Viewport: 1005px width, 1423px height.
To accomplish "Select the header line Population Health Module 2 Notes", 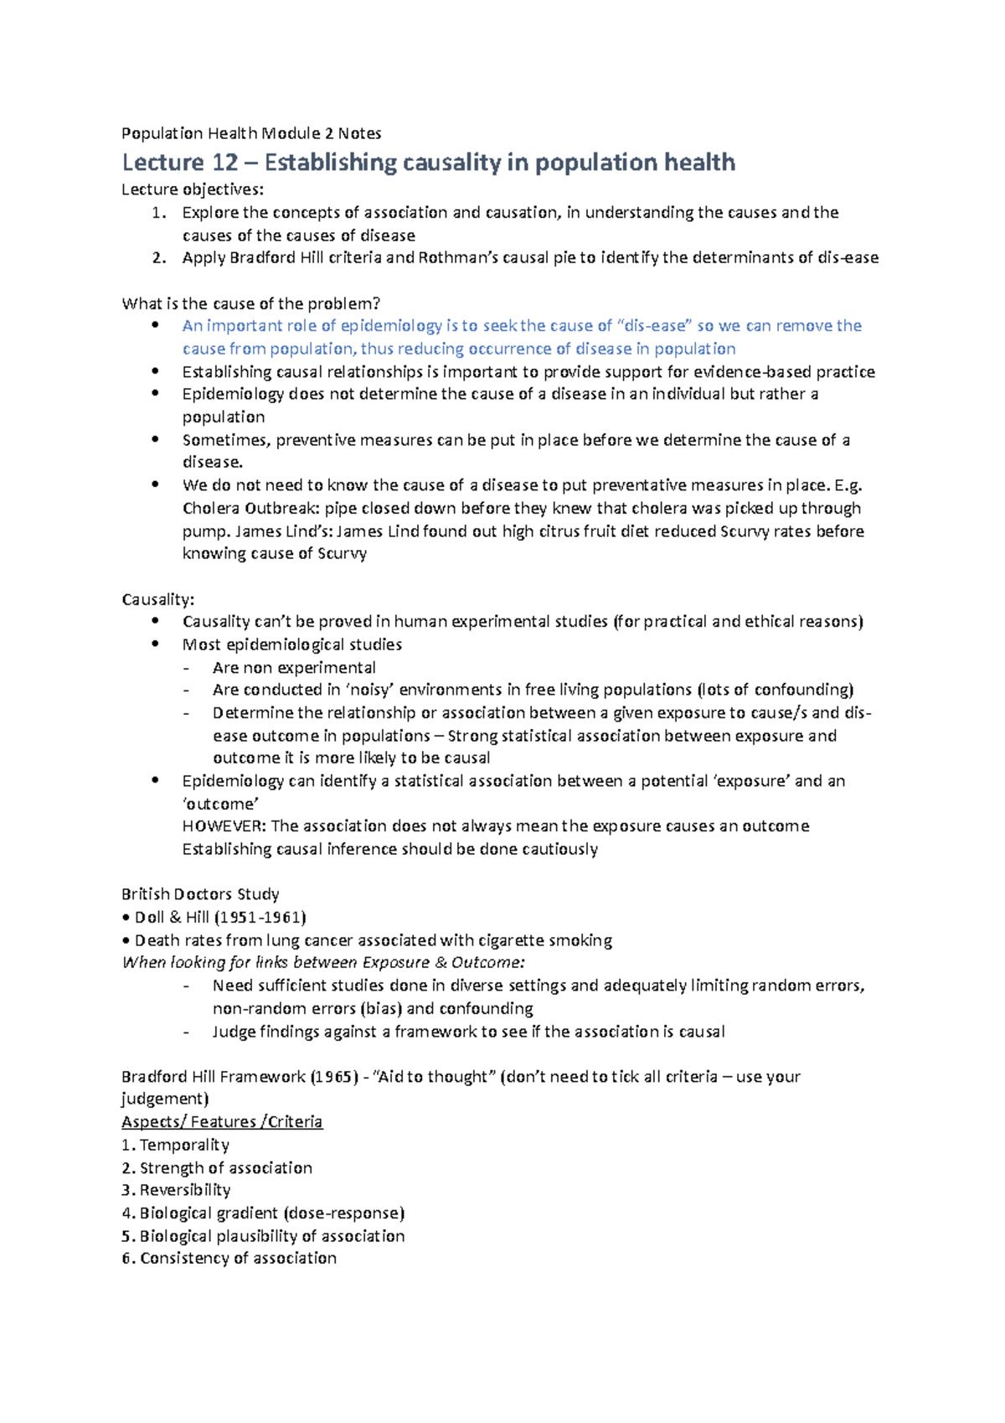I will pos(251,133).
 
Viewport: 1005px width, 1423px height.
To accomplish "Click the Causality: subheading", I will pos(158,599).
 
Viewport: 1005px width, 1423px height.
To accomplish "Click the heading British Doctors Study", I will pos(200,894).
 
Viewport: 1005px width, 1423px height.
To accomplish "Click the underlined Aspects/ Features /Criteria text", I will pos(222,1122).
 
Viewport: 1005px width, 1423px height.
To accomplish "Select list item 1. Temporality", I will pos(175,1145).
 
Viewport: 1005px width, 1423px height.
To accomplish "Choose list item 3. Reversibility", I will pos(176,1190).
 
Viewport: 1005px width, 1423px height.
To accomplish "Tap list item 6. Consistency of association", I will pos(229,1258).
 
